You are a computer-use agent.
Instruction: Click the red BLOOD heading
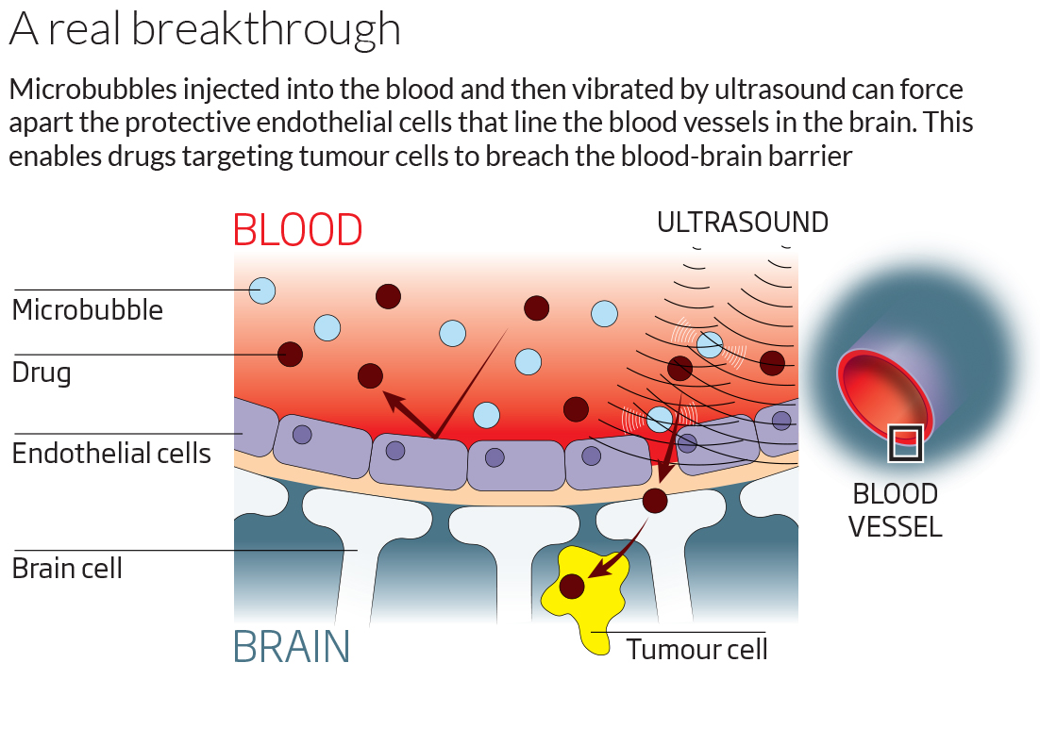298,230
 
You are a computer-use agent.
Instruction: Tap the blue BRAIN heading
292,647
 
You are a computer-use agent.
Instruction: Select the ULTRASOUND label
742,223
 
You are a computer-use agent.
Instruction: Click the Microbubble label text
88,310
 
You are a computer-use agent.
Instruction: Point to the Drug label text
42,373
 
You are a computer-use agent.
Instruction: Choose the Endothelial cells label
111,454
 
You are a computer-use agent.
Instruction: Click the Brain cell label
67,568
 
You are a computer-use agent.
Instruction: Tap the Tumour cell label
696,650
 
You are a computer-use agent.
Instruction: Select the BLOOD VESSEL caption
895,510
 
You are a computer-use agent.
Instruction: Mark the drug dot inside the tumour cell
572,587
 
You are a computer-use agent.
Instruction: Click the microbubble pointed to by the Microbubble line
262,290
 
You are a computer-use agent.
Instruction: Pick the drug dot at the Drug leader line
290,355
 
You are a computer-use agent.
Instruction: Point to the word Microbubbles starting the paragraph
92,90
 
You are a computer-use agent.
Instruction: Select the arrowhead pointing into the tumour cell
600,568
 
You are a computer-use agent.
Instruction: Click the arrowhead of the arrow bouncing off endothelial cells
395,401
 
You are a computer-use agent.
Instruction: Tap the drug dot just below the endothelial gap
655,501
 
